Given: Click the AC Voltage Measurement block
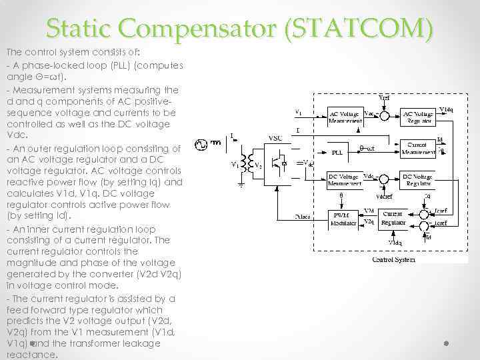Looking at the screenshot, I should pos(345,116).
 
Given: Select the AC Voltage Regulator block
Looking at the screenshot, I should pos(418,116).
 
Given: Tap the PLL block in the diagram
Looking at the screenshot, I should pos(338,152).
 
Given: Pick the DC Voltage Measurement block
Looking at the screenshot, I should pos(345,181).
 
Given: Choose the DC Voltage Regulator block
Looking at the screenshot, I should pos(418,181).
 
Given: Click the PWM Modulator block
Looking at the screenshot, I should pos(346,218).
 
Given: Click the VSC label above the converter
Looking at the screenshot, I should pos(275,138).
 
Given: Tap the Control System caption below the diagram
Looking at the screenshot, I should pos(393,259).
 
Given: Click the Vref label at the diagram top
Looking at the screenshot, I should pos(385,99).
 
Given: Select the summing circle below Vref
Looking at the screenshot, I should pos(385,116).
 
